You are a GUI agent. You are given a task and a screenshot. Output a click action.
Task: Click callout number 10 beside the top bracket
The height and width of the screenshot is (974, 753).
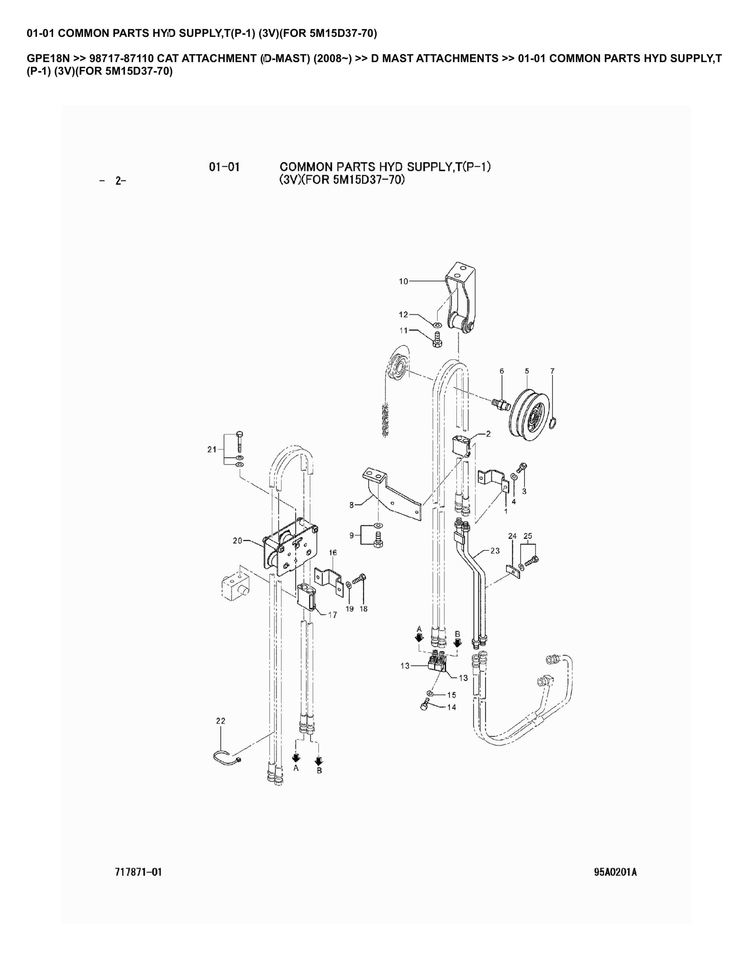point(403,281)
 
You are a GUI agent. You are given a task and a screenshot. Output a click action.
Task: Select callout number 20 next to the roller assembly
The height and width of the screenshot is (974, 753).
point(237,540)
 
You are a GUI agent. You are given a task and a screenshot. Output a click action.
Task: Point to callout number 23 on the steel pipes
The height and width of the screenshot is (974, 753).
point(495,551)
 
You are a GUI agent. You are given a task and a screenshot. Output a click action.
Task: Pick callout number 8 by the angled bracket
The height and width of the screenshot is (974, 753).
point(352,505)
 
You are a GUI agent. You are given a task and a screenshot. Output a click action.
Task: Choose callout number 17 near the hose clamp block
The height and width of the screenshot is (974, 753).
point(332,615)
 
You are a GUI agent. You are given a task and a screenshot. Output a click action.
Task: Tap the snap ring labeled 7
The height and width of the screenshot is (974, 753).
point(553,422)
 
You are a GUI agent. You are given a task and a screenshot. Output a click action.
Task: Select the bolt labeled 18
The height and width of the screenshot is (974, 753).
point(360,580)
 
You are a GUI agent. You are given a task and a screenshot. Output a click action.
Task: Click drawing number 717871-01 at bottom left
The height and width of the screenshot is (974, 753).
point(138,872)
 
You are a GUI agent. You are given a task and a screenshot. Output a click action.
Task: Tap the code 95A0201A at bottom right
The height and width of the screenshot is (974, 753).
point(615,872)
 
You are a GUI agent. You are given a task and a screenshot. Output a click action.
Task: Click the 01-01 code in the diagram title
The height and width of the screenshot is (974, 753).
point(224,167)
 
